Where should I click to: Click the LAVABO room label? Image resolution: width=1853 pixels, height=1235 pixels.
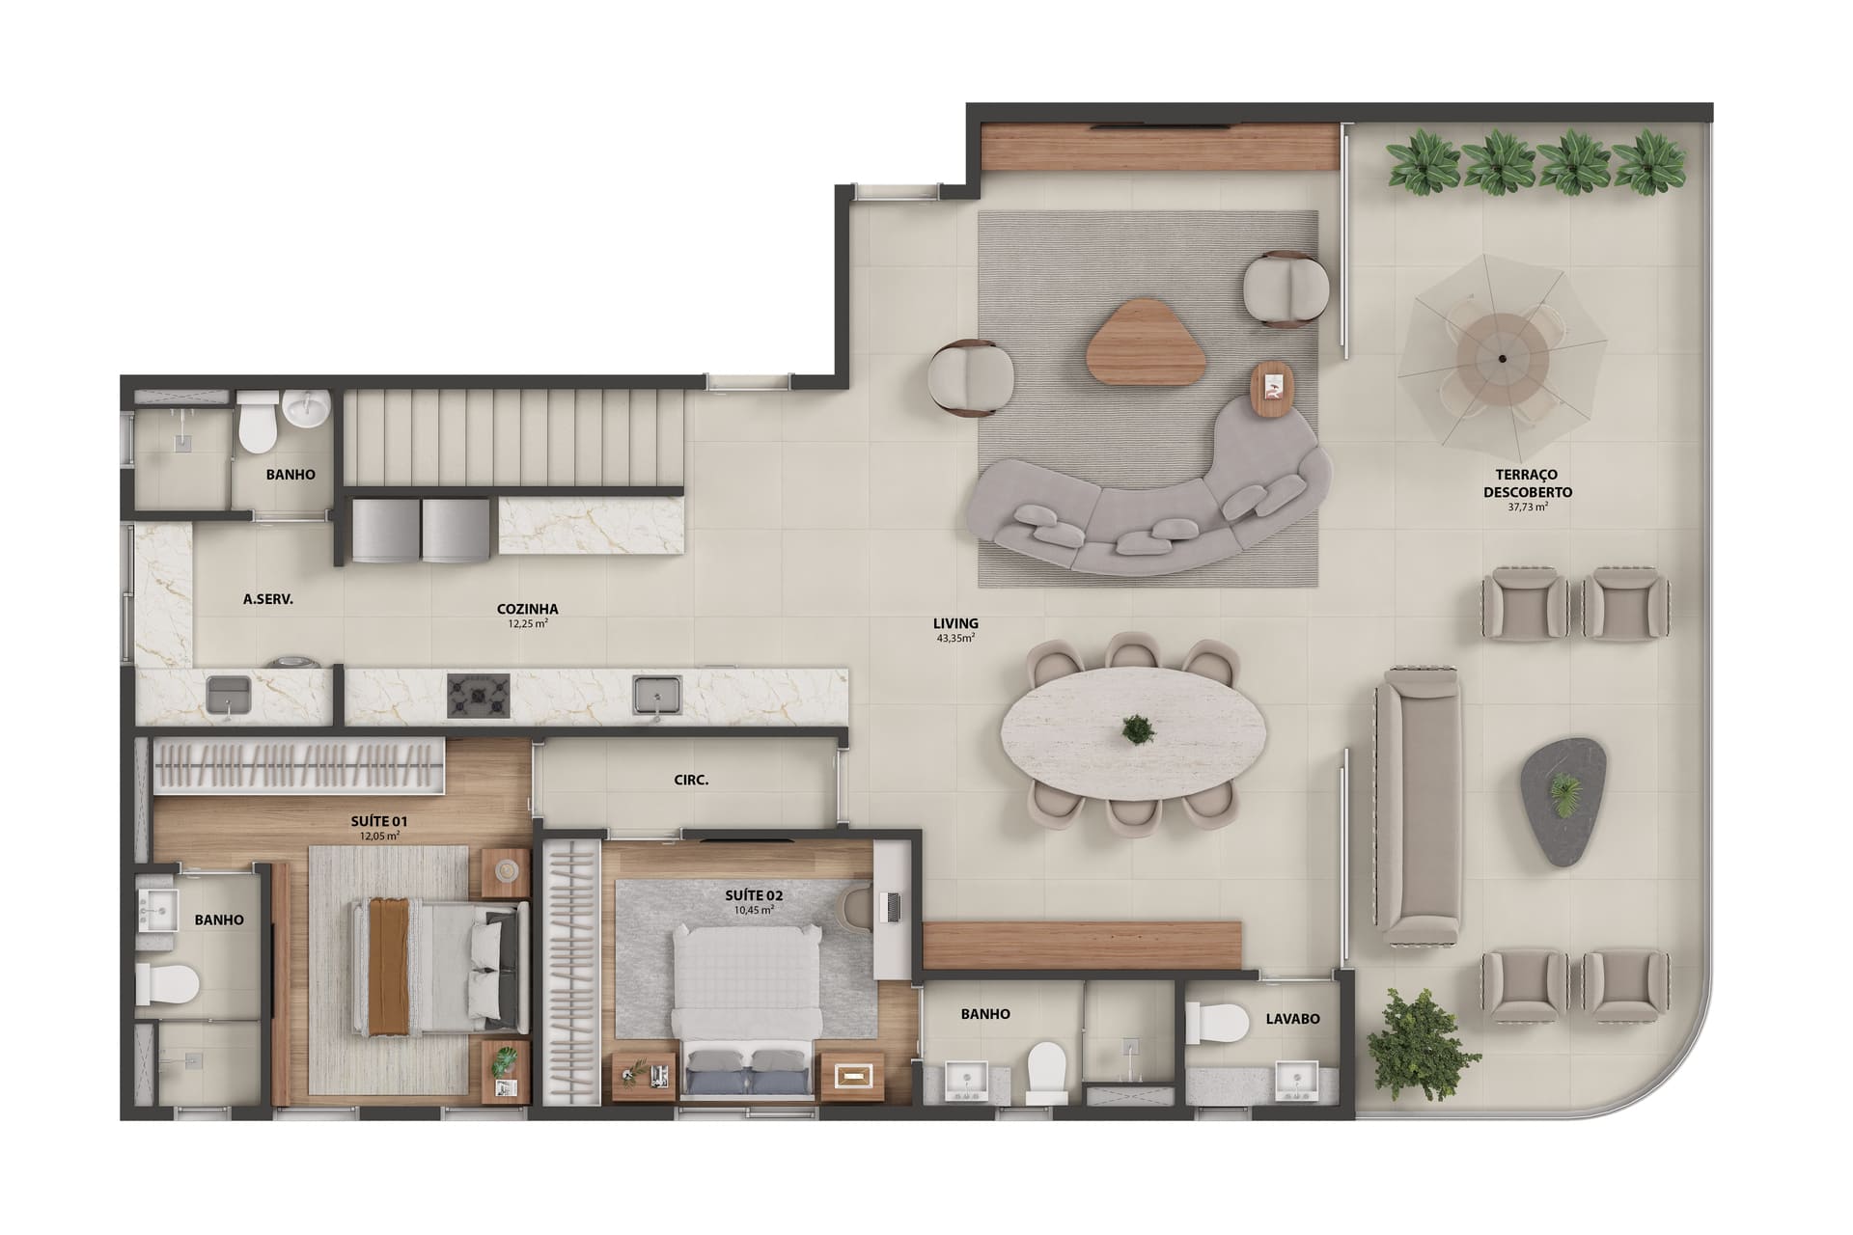tap(1292, 1018)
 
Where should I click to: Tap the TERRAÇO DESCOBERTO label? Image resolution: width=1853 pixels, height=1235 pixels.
tap(1527, 483)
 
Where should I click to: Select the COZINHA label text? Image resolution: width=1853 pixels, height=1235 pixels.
tap(527, 609)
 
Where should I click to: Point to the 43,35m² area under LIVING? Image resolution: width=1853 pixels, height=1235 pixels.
tap(955, 638)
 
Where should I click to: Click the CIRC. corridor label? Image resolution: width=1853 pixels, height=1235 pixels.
tap(691, 780)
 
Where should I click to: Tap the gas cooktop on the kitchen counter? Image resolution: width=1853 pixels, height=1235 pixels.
tap(478, 695)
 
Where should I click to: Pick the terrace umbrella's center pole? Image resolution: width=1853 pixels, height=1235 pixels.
tap(1502, 358)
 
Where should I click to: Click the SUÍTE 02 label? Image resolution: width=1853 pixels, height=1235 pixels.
tap(754, 895)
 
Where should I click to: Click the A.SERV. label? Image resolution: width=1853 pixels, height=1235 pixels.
tap(268, 599)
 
